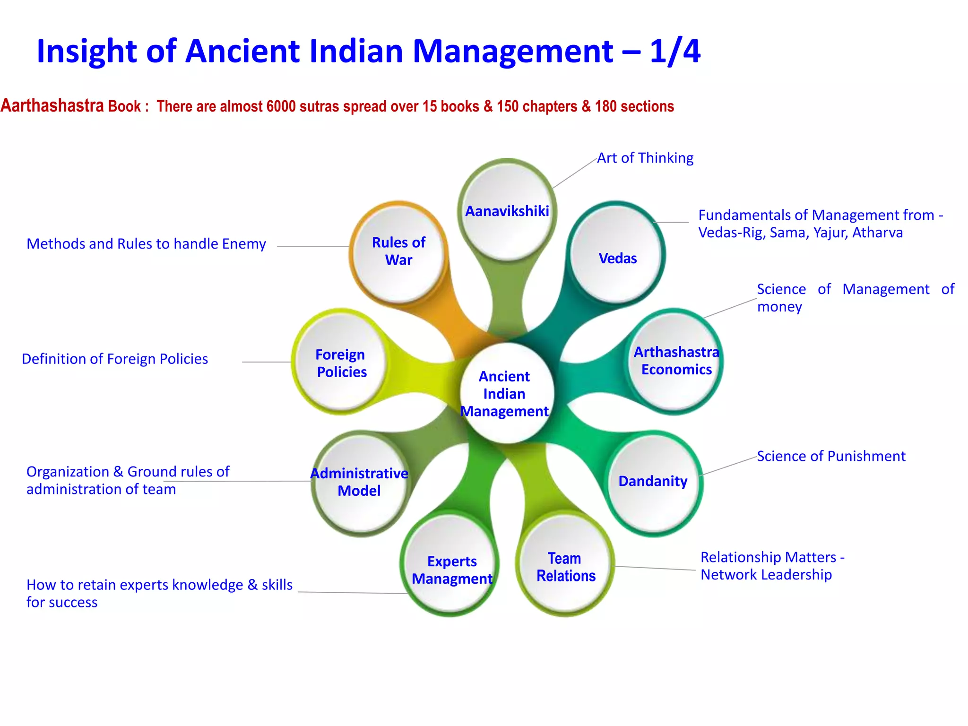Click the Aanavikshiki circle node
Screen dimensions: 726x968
[x=507, y=211]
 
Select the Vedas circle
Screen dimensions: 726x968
[x=617, y=258]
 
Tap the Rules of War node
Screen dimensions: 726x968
[x=398, y=251]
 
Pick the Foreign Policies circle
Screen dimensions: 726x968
[x=341, y=363]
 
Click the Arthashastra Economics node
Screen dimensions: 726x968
[x=676, y=361]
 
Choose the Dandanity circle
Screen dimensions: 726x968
[x=653, y=481]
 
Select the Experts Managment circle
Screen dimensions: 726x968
[x=451, y=570]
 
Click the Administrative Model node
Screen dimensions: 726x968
[x=359, y=482]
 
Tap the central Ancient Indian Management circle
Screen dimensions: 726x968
[x=505, y=394]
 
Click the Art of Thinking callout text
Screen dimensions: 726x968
[x=645, y=158]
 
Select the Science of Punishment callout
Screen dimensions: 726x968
[x=831, y=456]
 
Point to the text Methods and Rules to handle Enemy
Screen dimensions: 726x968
[x=146, y=244]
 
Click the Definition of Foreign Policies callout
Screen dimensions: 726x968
[x=115, y=359]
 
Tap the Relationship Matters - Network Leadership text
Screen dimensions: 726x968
[x=772, y=566]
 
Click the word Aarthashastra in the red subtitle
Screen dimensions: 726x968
[x=52, y=105]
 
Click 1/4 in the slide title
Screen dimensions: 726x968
[x=674, y=51]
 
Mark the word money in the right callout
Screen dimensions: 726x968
[x=779, y=307]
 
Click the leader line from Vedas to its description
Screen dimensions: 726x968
[x=671, y=222]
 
